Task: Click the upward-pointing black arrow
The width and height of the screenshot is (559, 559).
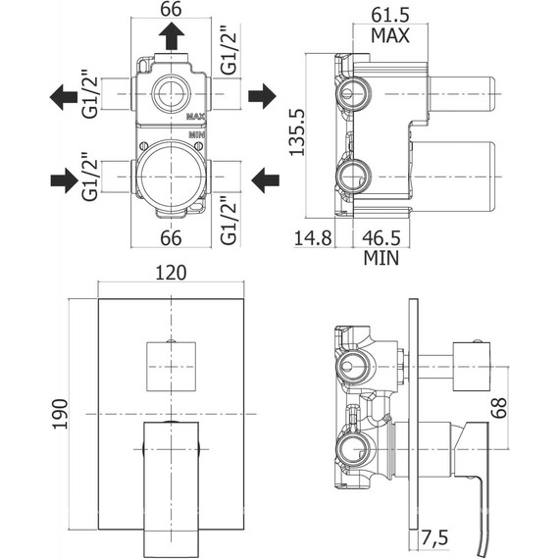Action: click(172, 35)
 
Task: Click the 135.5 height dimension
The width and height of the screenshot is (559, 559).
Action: click(297, 132)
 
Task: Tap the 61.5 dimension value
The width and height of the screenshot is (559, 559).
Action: click(390, 15)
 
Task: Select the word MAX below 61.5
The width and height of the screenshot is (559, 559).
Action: click(390, 35)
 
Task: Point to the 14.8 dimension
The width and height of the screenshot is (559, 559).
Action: click(313, 237)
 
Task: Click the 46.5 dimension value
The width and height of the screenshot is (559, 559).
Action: click(381, 237)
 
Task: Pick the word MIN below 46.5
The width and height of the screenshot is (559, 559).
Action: click(381, 258)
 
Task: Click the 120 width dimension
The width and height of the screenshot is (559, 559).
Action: click(171, 273)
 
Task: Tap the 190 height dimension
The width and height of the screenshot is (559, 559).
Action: click(60, 414)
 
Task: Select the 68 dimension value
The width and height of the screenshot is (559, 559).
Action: click(499, 408)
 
